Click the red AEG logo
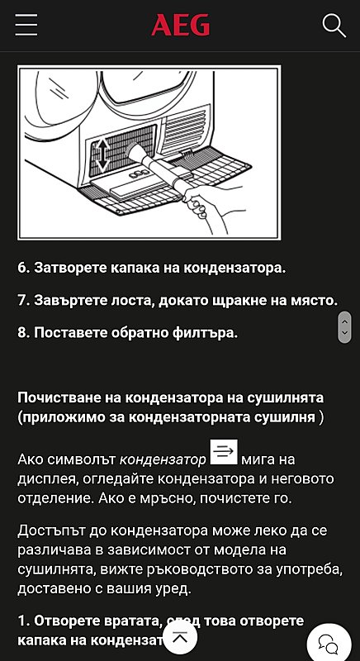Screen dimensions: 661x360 click(180, 26)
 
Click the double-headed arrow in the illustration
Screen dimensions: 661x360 click(102, 154)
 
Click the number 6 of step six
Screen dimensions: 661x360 click(22, 268)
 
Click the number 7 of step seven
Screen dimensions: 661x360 click(22, 301)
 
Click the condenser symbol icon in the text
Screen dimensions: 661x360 click(224, 452)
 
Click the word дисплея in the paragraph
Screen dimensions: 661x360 click(45, 479)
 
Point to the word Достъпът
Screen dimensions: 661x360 click(53, 532)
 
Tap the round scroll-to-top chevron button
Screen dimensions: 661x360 click(181, 637)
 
